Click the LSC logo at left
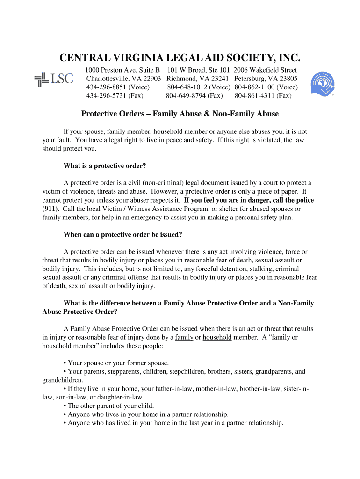(x=54, y=79)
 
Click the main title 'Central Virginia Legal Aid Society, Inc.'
(x=180, y=58)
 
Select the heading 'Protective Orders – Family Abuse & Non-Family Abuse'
(x=180, y=114)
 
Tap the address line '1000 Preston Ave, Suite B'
(x=122, y=70)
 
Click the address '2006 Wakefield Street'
(x=265, y=70)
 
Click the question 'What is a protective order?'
(x=105, y=166)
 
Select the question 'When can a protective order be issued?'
(x=122, y=234)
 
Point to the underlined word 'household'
(x=217, y=337)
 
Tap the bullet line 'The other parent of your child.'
(x=111, y=406)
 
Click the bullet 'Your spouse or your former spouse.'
(x=118, y=363)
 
